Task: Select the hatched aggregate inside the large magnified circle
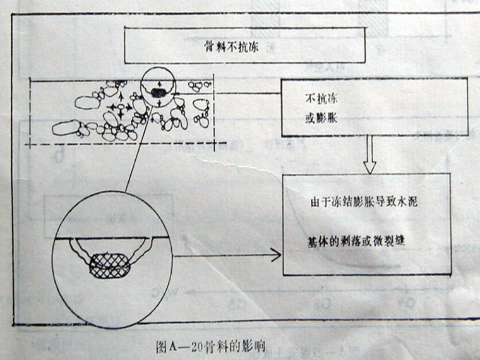pyautogui.click(x=111, y=265)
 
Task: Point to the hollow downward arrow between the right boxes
pyautogui.click(x=370, y=155)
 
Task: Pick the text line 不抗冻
pyautogui.click(x=319, y=99)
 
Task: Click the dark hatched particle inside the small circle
pyautogui.click(x=159, y=93)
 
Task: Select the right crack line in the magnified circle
pyautogui.click(x=145, y=251)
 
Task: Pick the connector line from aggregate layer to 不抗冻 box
pyautogui.click(x=249, y=93)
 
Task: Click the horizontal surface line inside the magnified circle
pyautogui.click(x=111, y=237)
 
